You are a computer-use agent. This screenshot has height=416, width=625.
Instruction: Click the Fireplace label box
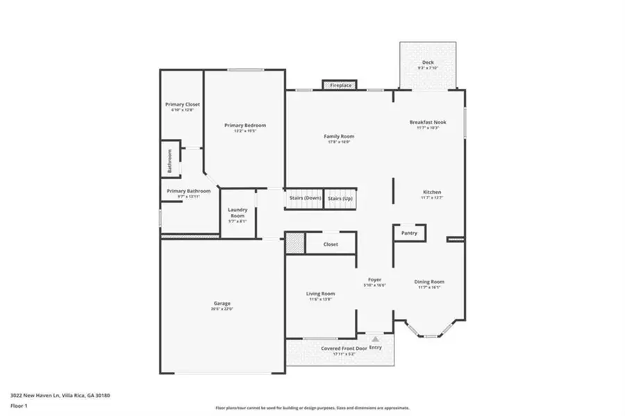340,85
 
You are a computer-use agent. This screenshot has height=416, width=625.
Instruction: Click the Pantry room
409,233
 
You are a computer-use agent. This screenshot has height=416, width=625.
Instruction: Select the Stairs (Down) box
305,198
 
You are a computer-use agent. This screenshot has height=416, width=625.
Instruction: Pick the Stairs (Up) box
340,198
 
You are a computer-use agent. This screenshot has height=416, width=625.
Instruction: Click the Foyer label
375,281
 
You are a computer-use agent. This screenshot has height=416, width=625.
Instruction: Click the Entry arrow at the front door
375,339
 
